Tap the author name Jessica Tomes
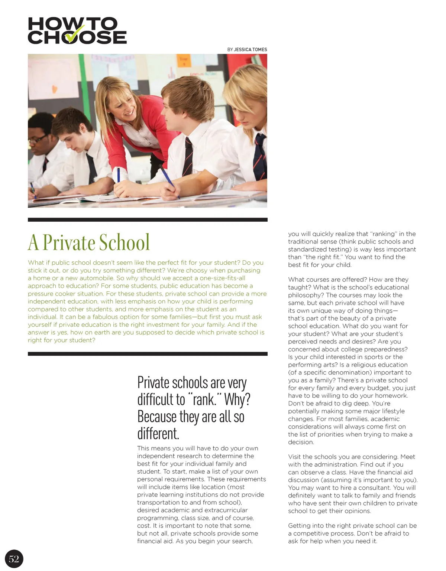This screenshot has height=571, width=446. coord(251,49)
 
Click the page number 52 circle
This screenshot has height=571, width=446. coord(14,559)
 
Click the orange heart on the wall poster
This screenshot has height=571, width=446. coord(54,89)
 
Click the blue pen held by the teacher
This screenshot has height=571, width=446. coord(119,175)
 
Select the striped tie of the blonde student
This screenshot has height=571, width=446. coord(259,156)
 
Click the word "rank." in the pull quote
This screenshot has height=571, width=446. coord(204,399)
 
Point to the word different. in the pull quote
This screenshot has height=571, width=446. coord(158,434)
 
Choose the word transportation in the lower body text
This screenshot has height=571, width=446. coord(158,502)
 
